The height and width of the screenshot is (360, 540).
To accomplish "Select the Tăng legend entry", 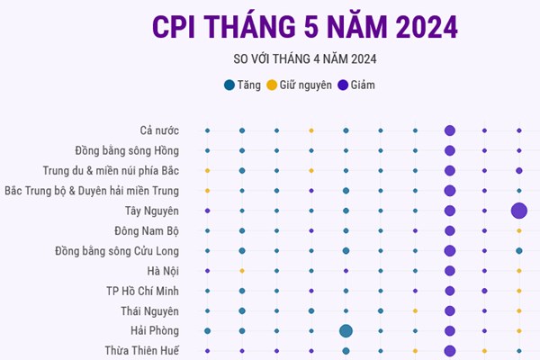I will click(x=243, y=85).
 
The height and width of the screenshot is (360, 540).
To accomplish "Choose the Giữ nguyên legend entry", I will click(x=300, y=85).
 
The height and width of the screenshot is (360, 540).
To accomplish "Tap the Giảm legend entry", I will click(x=356, y=85).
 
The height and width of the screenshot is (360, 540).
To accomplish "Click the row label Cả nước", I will click(x=159, y=131).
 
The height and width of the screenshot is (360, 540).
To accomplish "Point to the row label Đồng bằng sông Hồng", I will click(x=127, y=151).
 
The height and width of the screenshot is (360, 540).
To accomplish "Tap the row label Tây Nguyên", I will click(x=152, y=211).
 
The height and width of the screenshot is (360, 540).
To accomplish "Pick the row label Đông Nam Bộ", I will click(x=147, y=230).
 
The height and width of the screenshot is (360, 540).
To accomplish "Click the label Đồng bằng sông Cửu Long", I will click(x=117, y=250).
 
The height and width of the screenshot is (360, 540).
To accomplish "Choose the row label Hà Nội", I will click(x=163, y=271).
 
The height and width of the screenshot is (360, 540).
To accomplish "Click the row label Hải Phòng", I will click(x=155, y=330).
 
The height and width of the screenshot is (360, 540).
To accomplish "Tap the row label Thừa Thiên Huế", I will click(x=141, y=350).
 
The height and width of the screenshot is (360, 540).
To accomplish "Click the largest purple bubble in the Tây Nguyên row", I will click(x=519, y=211).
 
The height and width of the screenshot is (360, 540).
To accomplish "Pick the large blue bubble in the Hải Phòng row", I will click(x=346, y=330).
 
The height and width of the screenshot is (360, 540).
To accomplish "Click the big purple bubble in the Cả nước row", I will click(x=449, y=131).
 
